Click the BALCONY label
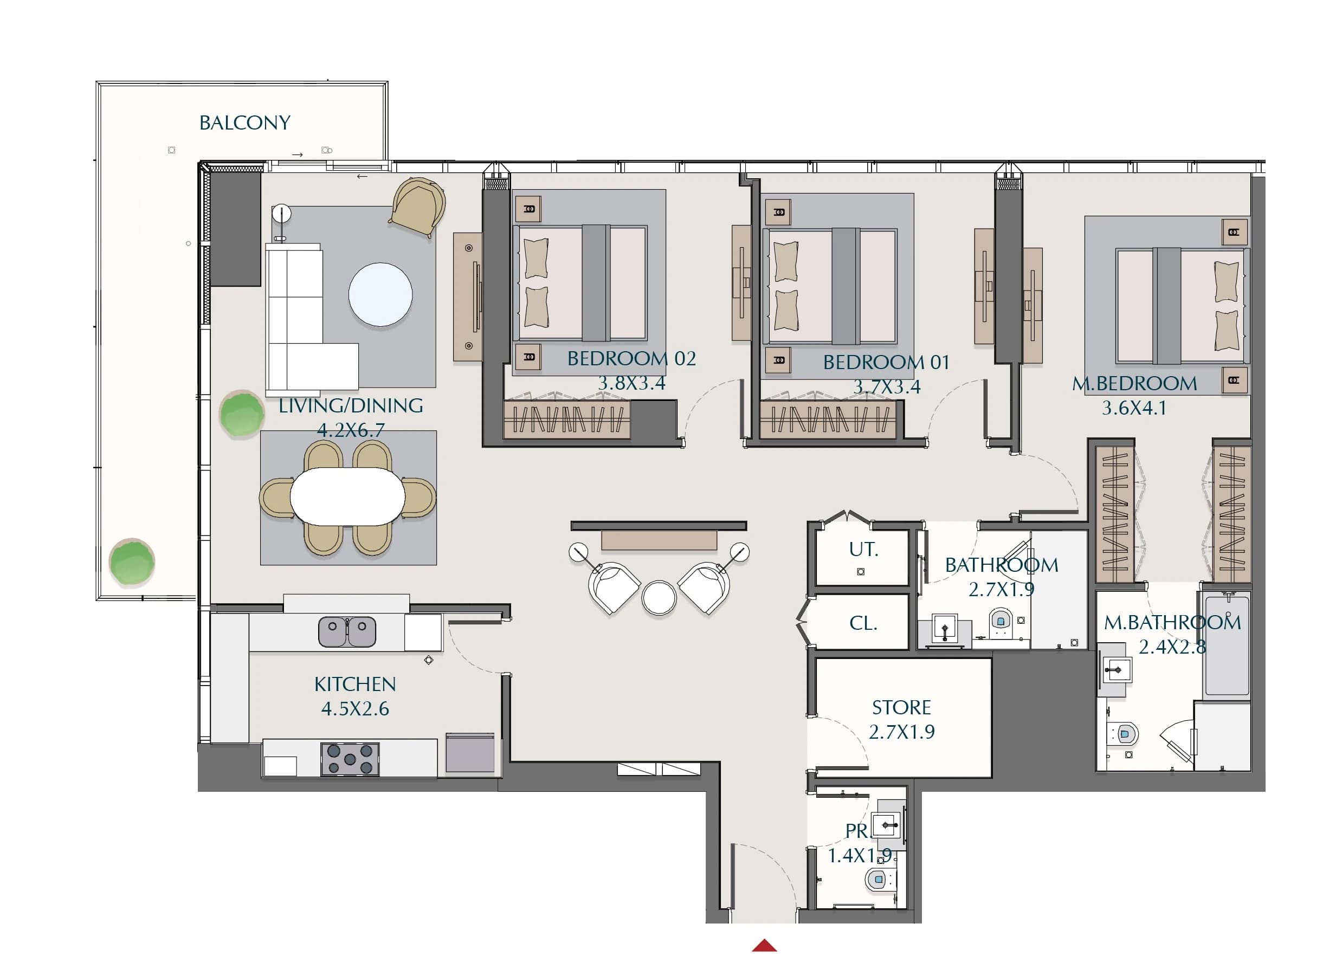click(245, 122)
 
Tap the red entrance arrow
click(764, 945)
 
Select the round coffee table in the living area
click(380, 294)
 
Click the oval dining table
click(347, 496)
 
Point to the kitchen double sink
click(347, 631)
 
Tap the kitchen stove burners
click(350, 759)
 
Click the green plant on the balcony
click(132, 562)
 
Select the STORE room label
click(902, 708)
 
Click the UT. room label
click(863, 550)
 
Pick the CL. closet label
click(863, 623)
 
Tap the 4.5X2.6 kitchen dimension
click(355, 709)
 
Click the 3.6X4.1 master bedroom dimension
click(1134, 408)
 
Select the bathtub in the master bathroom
click(1227, 645)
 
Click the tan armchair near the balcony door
click(418, 207)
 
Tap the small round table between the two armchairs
click(659, 598)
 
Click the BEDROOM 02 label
click(631, 359)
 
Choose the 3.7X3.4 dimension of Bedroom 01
click(887, 387)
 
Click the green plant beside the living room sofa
click(241, 414)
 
